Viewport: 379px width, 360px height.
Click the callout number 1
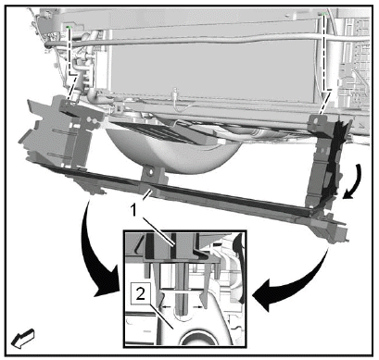(x=133, y=211)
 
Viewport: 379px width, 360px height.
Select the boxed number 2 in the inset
(x=141, y=294)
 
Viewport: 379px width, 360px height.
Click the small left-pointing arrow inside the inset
(x=167, y=306)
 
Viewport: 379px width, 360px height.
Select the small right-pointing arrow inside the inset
(x=198, y=306)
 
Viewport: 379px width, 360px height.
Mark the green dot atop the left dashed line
(x=68, y=28)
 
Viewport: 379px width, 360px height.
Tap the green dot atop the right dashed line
(x=323, y=15)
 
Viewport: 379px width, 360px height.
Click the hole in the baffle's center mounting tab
(x=150, y=172)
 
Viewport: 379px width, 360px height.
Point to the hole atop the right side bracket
(x=315, y=121)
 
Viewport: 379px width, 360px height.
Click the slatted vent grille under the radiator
(x=155, y=132)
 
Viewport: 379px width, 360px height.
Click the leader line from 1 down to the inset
(x=157, y=230)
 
